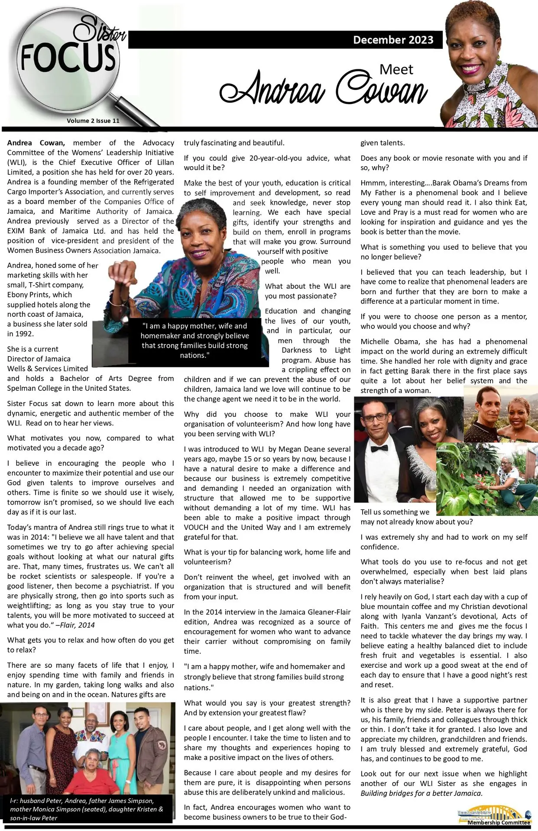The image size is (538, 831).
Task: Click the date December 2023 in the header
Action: click(x=393, y=40)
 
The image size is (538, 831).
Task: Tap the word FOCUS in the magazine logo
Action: click(x=68, y=58)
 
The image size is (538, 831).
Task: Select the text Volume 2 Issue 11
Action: click(x=93, y=121)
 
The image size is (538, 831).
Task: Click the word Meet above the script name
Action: click(x=396, y=69)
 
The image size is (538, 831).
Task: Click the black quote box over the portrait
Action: click(x=194, y=340)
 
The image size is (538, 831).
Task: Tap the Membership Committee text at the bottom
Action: click(x=498, y=822)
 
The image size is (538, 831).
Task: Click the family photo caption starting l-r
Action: click(x=87, y=809)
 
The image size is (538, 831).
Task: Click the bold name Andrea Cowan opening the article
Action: click(x=36, y=143)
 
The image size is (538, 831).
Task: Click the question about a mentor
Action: click(x=444, y=321)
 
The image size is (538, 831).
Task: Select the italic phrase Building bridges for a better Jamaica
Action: click(x=421, y=793)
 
